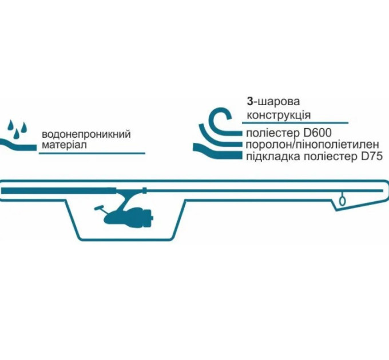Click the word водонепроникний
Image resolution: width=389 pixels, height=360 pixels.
[86, 135]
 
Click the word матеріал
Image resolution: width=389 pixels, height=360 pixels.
[63, 146]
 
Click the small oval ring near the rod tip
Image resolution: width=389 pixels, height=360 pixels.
[342, 201]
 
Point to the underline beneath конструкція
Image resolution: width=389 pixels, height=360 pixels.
[297, 122]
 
